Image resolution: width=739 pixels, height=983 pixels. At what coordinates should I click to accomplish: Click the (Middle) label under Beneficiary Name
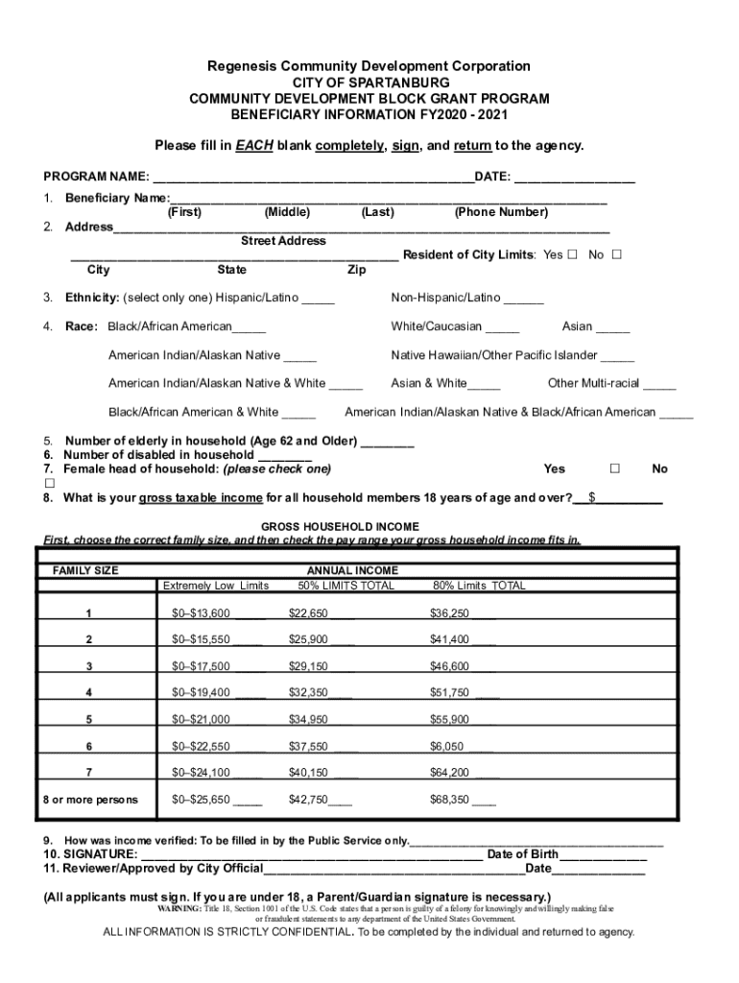click(287, 212)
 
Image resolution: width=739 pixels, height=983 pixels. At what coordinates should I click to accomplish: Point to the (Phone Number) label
click(501, 212)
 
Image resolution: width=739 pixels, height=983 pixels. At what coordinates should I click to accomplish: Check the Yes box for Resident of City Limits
click(572, 255)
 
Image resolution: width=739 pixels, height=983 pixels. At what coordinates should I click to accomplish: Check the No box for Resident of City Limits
click(616, 255)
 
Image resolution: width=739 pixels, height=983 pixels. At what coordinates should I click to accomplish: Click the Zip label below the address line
click(356, 271)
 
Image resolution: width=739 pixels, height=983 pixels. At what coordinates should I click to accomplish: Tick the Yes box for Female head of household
click(615, 469)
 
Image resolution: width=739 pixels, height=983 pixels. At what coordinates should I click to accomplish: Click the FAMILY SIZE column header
click(85, 570)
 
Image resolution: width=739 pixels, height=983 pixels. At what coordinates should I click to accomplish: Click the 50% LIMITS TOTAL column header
click(346, 586)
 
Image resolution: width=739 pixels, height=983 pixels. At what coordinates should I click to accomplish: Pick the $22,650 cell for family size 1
click(309, 613)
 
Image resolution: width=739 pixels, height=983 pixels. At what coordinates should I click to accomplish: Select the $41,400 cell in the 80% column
click(449, 640)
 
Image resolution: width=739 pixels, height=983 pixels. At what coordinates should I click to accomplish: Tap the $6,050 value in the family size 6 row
click(447, 746)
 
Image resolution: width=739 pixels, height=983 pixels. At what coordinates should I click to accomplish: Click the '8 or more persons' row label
click(89, 800)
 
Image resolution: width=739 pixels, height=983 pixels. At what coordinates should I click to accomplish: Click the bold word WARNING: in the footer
click(179, 908)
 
